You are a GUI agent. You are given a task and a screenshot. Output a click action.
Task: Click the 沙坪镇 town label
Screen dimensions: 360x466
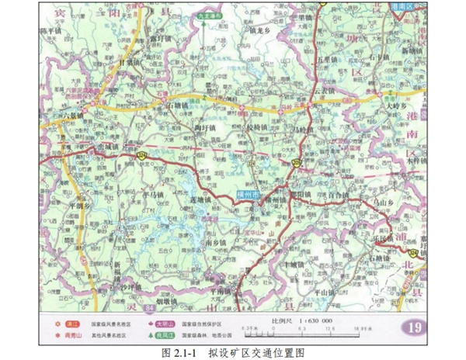tap(134, 286)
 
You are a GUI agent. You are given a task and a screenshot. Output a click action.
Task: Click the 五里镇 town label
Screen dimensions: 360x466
tap(327, 59)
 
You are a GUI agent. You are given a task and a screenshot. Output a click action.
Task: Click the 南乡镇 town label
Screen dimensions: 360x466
tap(215, 242)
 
